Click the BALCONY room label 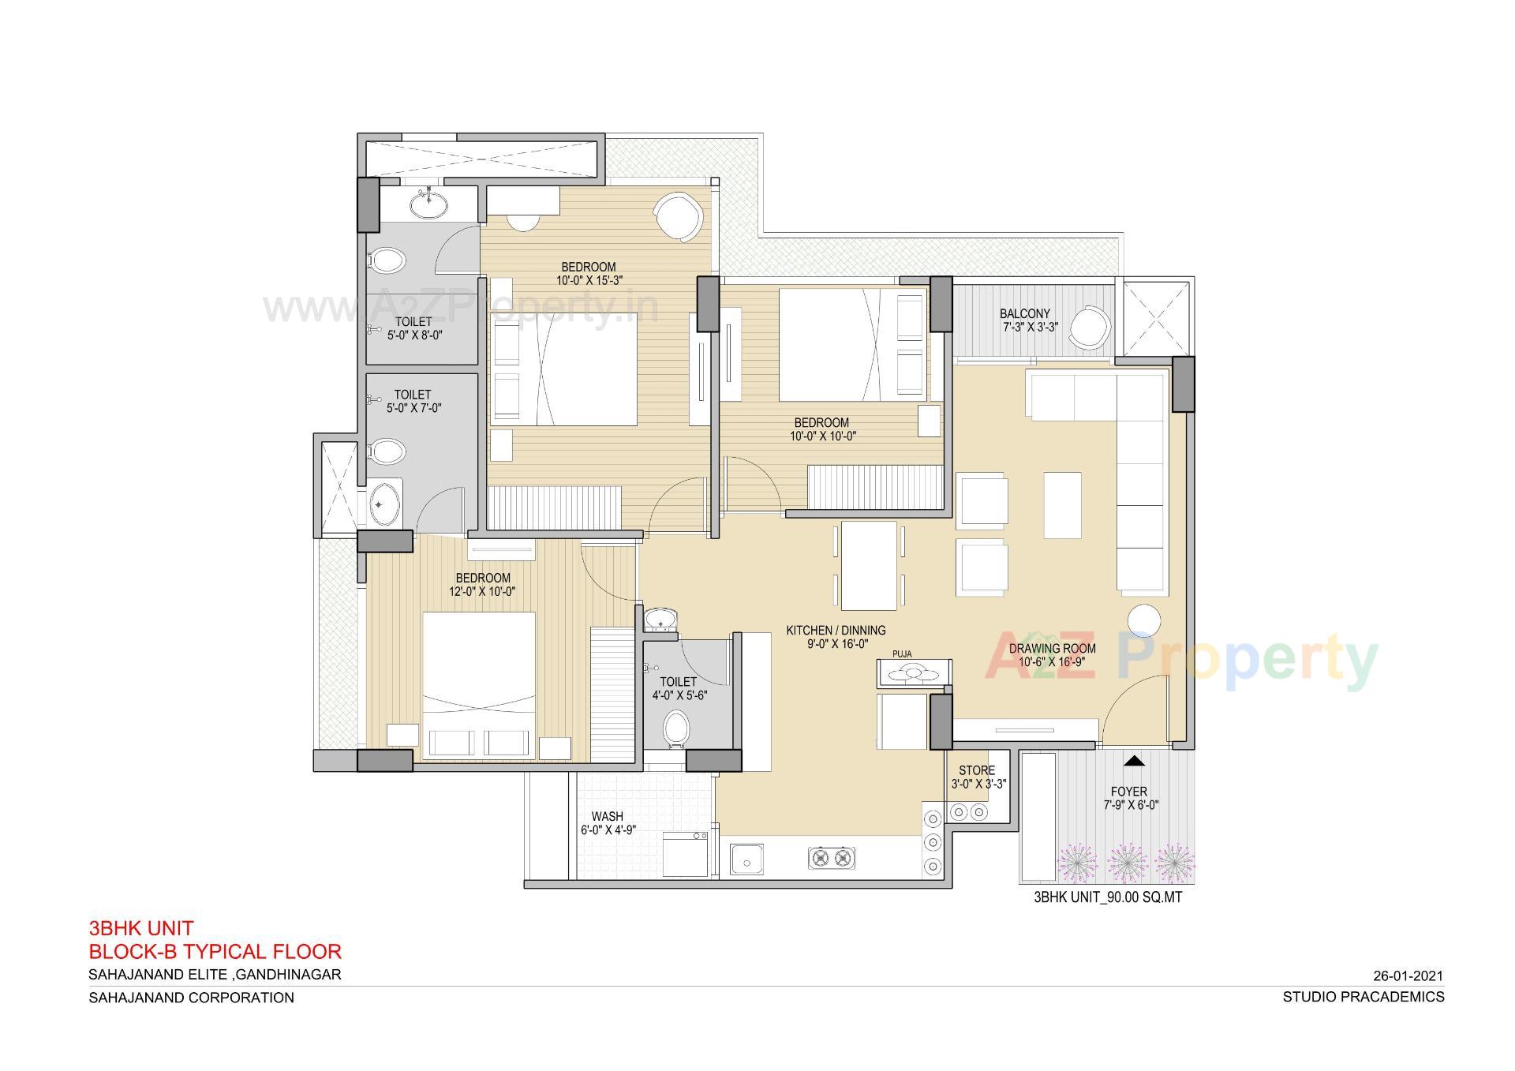[x=1024, y=313]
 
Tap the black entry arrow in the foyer [x=1134, y=761]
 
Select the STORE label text [x=977, y=770]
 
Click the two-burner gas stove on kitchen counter [x=832, y=858]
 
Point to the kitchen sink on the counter [x=746, y=859]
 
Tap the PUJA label [x=902, y=654]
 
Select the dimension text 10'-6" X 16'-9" [x=1052, y=662]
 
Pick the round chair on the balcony [x=1091, y=327]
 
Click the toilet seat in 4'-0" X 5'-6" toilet [x=675, y=728]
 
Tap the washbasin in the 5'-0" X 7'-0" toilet [x=385, y=503]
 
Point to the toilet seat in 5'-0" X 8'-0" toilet [x=387, y=260]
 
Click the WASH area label [x=607, y=816]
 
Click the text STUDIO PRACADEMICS [x=1363, y=997]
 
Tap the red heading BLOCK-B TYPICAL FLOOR [x=215, y=951]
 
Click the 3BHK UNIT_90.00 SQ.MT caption [x=1108, y=897]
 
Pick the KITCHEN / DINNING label [x=836, y=631]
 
